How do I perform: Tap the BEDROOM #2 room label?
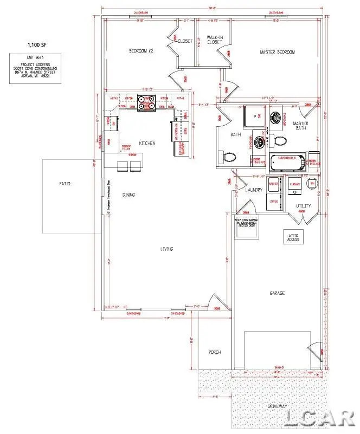coord(142,51)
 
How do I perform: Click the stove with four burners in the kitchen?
coord(146,102)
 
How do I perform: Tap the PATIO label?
coord(65,184)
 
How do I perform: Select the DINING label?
coord(128,195)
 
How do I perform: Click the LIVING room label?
coord(166,249)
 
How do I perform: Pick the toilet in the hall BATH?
coord(229,157)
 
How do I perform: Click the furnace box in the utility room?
coord(294,184)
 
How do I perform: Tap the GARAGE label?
coord(277,293)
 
